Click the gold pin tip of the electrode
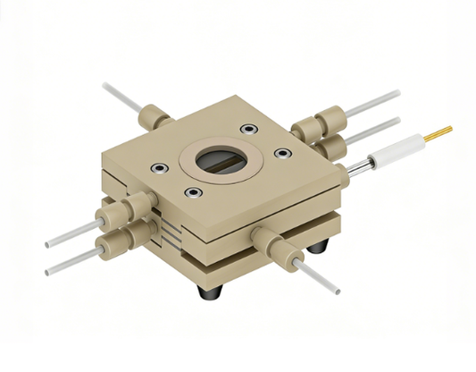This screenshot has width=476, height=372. pyautogui.click(x=439, y=133)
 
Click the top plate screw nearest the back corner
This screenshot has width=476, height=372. pyautogui.click(x=246, y=131)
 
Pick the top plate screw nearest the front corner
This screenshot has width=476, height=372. pyautogui.click(x=190, y=192)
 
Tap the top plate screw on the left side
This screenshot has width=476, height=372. pyautogui.click(x=158, y=166)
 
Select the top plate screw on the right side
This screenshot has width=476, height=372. pyautogui.click(x=283, y=154)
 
